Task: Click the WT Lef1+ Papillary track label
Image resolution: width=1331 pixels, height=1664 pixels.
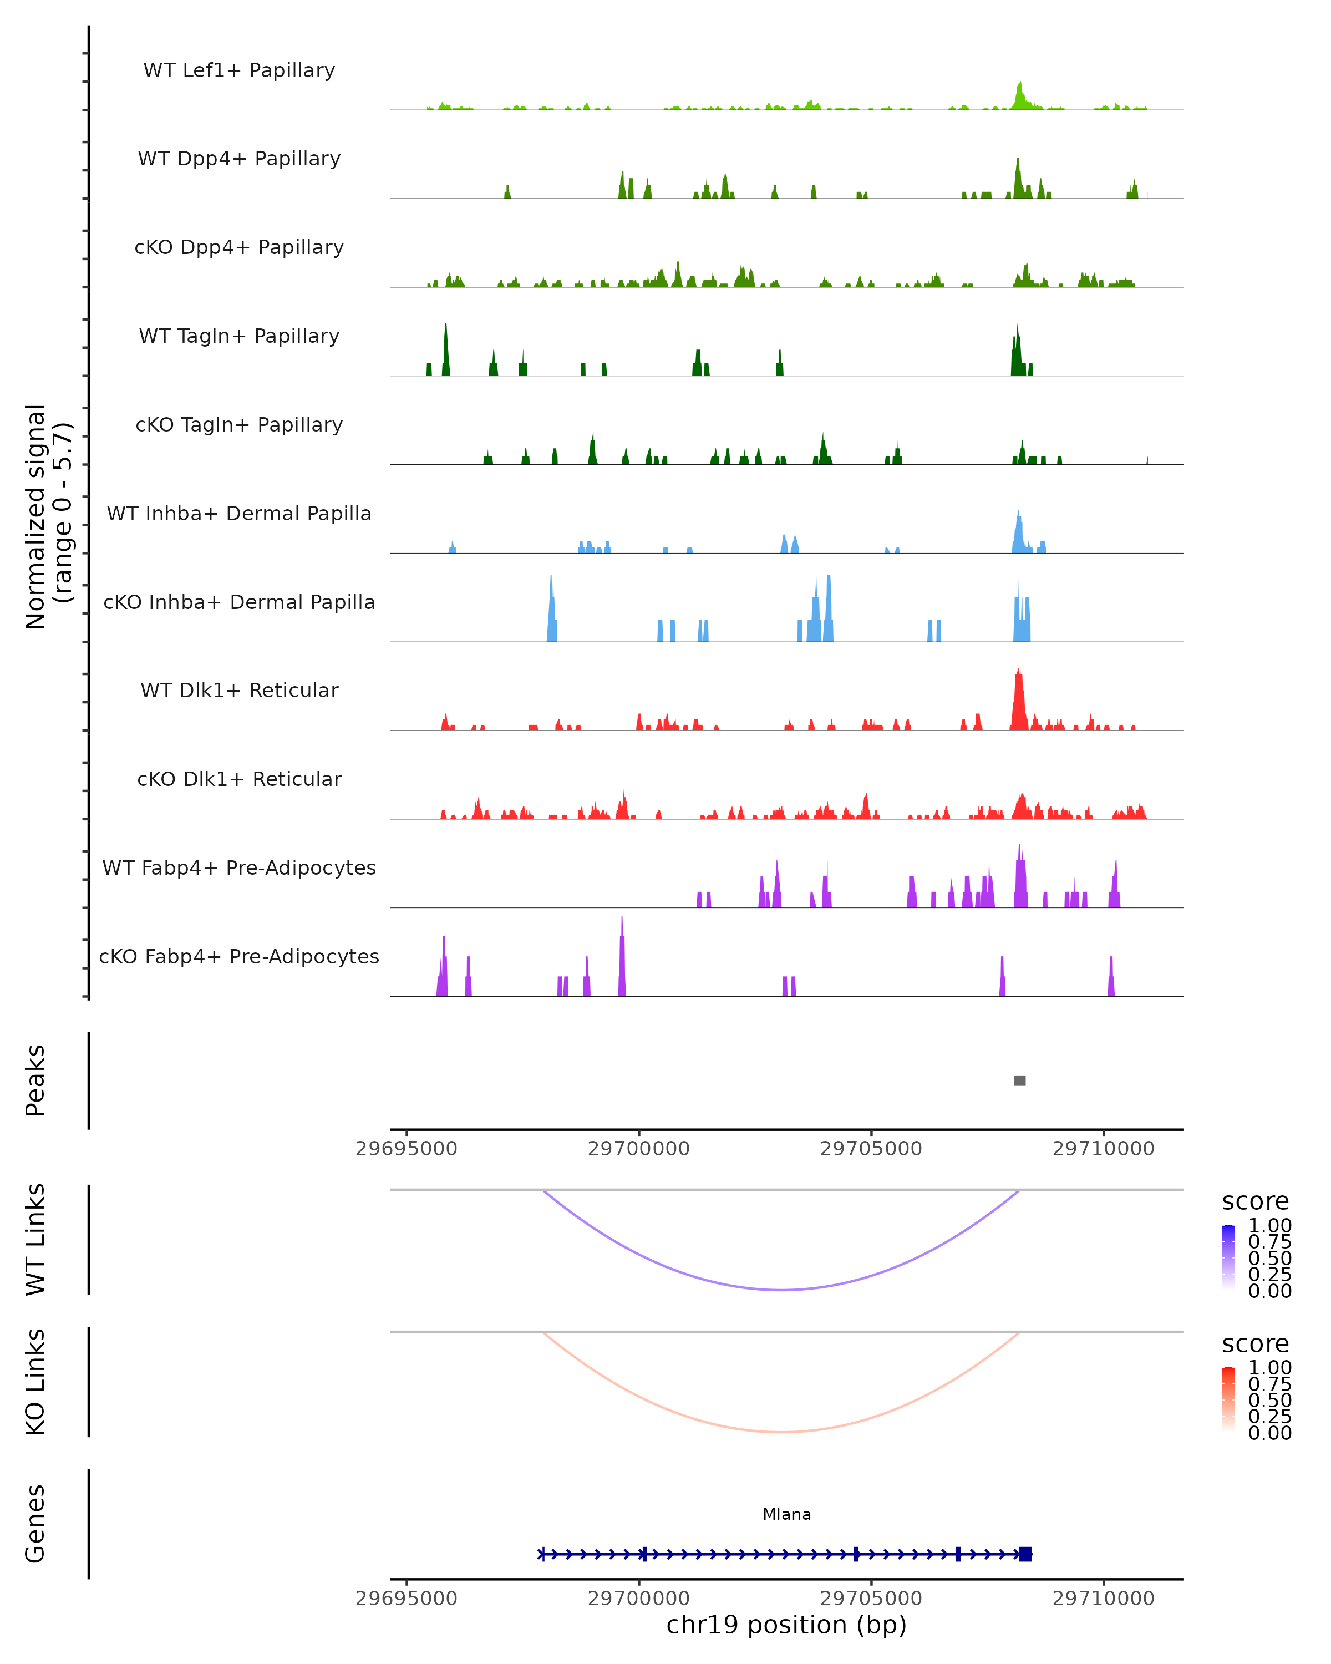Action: (239, 70)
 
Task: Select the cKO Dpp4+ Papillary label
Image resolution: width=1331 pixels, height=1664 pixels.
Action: (239, 248)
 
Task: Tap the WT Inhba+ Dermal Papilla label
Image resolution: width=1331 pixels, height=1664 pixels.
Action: (239, 514)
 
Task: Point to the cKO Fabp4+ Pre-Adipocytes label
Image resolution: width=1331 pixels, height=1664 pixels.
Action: (239, 957)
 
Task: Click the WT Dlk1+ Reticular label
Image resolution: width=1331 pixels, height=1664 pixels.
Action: (239, 691)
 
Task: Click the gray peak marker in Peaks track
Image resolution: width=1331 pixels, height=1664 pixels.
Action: (1019, 1081)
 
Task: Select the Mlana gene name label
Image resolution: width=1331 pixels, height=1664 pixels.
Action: (786, 1514)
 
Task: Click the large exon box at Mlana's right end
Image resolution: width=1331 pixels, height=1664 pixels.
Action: (1025, 1554)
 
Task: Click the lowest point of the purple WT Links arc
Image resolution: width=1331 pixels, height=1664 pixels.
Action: (781, 1289)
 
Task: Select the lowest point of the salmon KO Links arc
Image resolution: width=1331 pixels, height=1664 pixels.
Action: (781, 1432)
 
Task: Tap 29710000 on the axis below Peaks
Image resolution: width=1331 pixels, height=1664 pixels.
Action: (1104, 1149)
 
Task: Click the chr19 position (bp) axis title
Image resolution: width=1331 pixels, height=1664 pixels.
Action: (786, 1625)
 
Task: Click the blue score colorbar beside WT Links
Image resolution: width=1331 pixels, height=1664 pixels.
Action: (1228, 1257)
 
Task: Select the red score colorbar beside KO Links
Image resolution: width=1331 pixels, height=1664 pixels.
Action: (1228, 1399)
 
